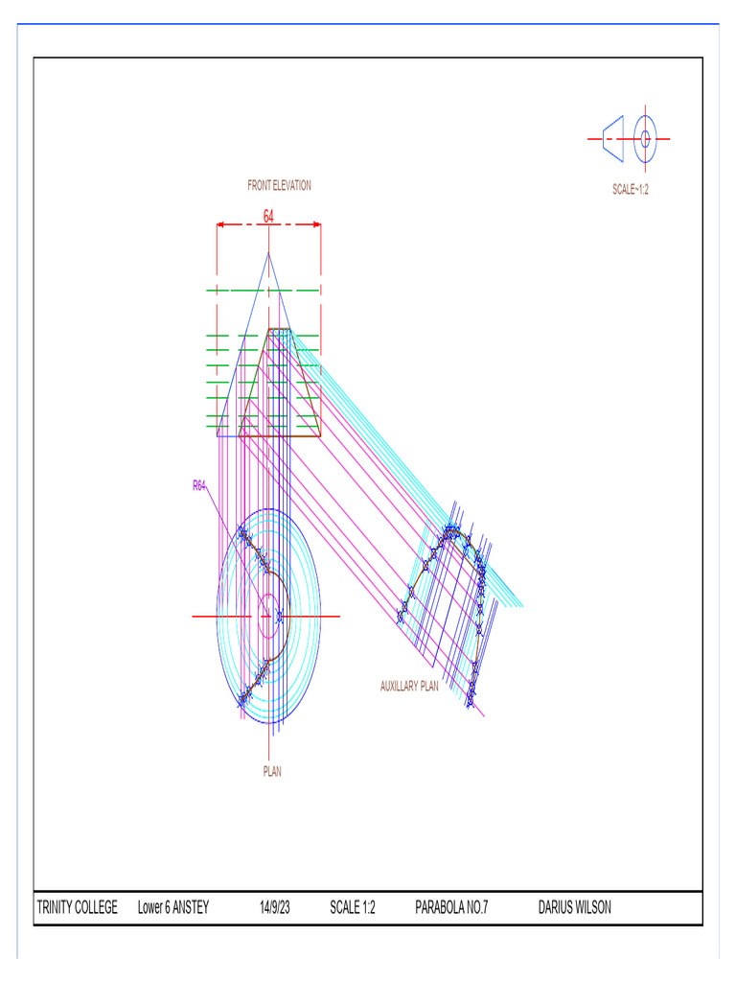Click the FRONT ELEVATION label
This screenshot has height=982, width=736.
tap(279, 186)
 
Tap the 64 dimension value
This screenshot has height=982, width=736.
tap(268, 217)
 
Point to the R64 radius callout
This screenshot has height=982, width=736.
tap(199, 486)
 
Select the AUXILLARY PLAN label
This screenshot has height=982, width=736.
tap(409, 687)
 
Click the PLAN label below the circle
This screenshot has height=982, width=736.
tap(272, 770)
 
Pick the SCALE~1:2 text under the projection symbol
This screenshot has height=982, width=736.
tap(631, 190)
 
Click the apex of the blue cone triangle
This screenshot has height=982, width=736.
tap(268, 252)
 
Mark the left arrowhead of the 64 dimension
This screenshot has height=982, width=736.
tap(220, 225)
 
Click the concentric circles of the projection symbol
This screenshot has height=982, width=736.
tap(645, 139)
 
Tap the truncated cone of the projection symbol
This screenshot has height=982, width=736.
tap(612, 139)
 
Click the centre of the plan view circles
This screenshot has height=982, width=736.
tap(268, 616)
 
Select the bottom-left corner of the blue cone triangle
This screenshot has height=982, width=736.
tap(218, 435)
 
